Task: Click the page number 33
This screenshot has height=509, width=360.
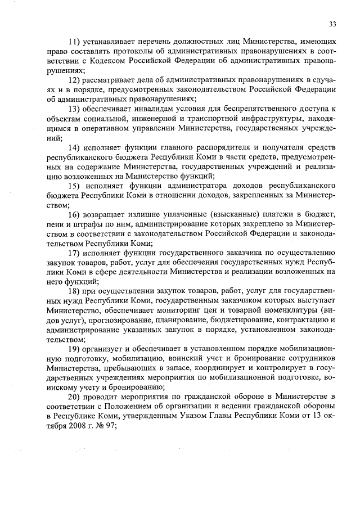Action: point(332,24)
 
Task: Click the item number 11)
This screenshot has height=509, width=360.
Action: point(75,42)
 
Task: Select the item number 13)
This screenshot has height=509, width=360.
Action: point(75,109)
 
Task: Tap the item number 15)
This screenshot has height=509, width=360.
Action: point(75,185)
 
